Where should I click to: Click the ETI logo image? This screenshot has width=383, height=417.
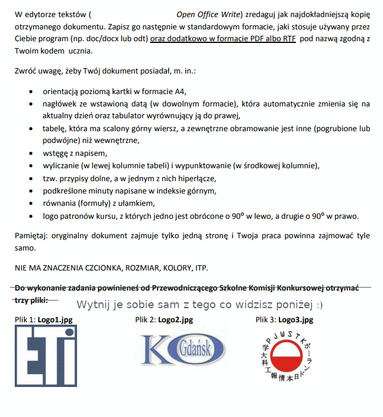point(46,356)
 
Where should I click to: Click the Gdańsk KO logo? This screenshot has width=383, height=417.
point(182,350)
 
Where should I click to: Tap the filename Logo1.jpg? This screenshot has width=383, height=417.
point(55,320)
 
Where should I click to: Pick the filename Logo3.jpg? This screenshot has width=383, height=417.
point(295,320)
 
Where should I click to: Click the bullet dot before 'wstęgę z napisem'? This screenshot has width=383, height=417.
point(30,154)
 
